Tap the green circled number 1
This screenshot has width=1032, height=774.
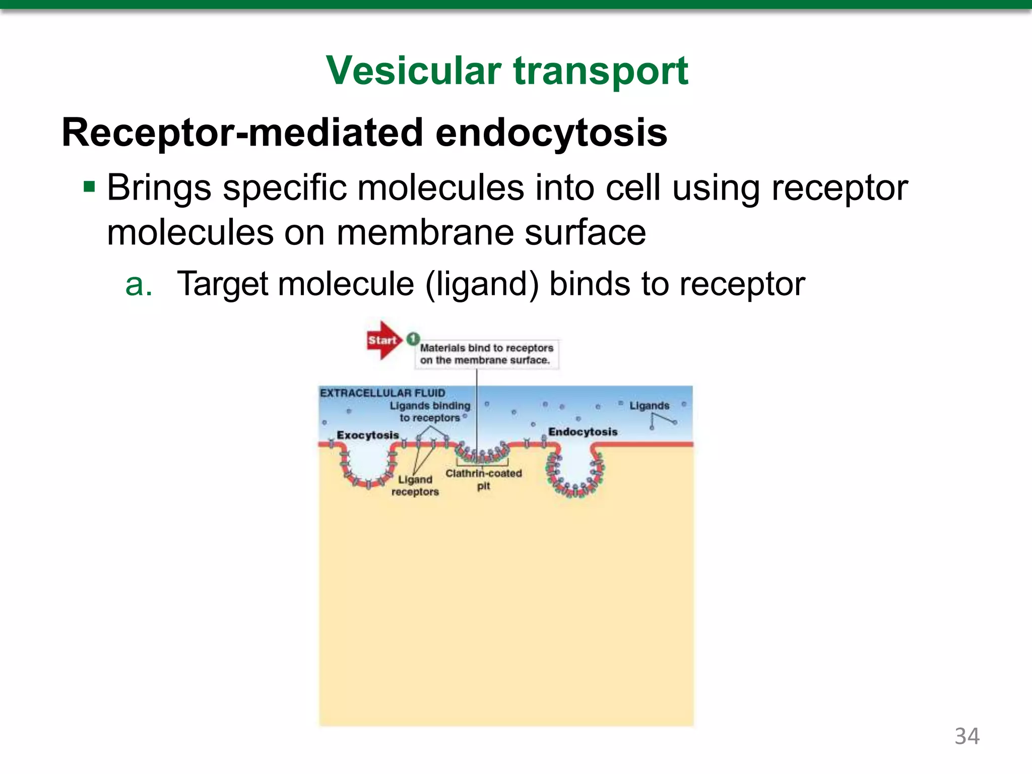[x=413, y=338]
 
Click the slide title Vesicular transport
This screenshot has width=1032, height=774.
[x=507, y=71]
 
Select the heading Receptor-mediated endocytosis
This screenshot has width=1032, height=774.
[x=364, y=133]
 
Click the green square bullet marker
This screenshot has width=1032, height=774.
[x=90, y=187]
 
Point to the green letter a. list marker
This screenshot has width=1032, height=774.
[x=139, y=284]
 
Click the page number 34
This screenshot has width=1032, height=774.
[x=966, y=736]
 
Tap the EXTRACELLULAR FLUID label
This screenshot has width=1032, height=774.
[x=382, y=393]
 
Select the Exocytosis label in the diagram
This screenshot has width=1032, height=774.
[x=368, y=435]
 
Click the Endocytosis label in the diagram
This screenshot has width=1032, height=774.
[x=583, y=432]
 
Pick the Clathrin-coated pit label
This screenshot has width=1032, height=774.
[x=484, y=479]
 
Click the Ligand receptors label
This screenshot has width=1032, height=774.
[x=415, y=485]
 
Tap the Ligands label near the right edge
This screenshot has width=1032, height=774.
[x=649, y=406]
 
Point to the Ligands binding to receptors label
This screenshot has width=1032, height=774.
[x=430, y=412]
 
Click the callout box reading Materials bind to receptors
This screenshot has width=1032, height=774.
[x=487, y=354]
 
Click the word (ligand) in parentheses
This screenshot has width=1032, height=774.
[x=482, y=284]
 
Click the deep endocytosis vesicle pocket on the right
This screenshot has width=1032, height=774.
[x=575, y=469]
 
